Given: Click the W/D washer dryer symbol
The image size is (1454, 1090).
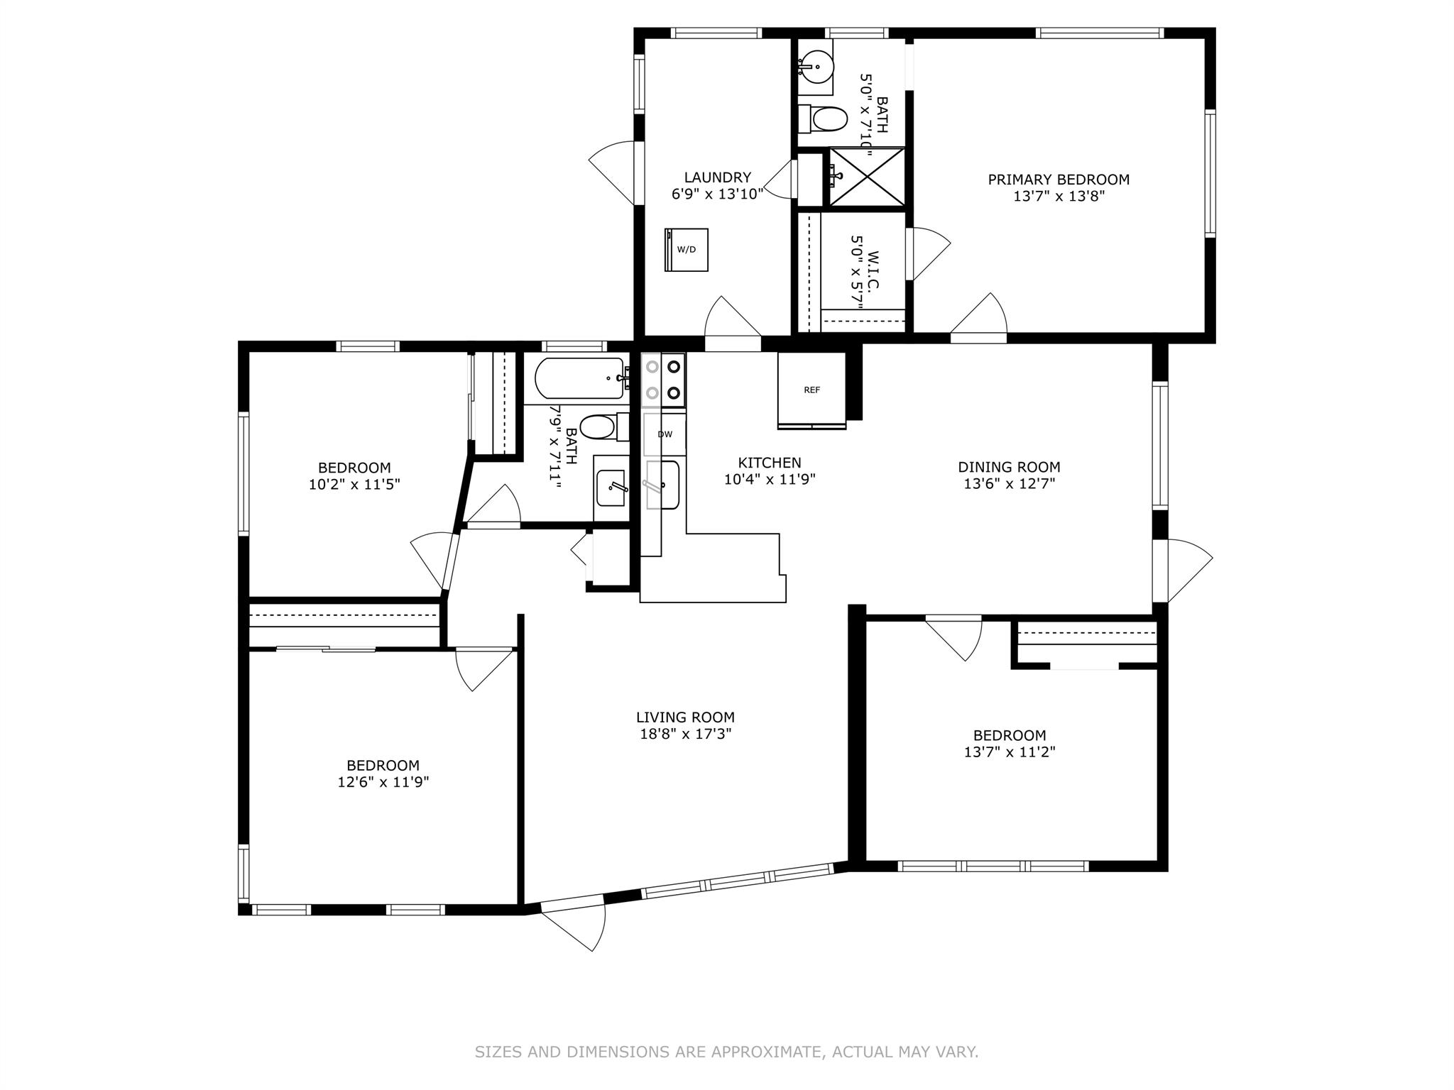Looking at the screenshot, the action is point(687,249).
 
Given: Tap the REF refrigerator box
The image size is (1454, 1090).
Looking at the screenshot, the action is point(812,390).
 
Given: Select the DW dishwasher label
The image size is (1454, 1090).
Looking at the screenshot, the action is point(665,434).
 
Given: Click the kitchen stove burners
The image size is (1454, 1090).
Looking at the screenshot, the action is point(663,380).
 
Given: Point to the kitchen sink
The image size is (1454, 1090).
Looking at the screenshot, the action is point(663,485).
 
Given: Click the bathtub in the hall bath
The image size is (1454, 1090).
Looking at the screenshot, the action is point(580,379).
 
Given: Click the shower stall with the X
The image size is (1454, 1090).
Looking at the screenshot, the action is point(867,177).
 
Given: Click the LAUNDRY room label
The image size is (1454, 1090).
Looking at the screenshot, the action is point(718,177).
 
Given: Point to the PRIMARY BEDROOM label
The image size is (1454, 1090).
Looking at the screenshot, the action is point(1059,180).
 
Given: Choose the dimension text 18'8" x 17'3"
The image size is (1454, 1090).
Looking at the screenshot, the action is point(685,734).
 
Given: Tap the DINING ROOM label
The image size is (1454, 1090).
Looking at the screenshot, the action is point(1009,467).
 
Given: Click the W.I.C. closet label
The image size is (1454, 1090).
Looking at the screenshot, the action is point(873,270).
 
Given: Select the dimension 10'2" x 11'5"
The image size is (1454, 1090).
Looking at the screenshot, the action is point(354,485).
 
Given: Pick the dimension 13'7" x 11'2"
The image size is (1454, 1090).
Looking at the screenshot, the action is point(1010,752).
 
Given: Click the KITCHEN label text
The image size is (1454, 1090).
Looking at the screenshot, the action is point(770,463).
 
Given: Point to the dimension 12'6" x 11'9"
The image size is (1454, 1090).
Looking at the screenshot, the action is point(383,782).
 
